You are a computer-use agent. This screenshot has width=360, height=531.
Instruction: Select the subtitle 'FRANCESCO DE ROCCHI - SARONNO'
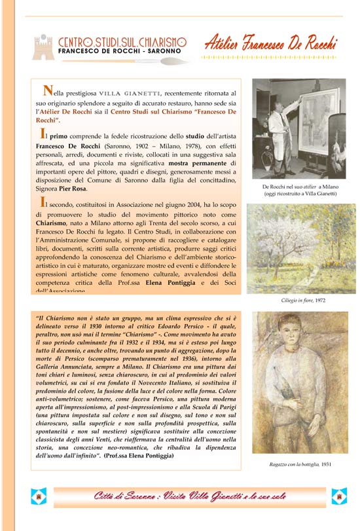pos(122,51)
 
